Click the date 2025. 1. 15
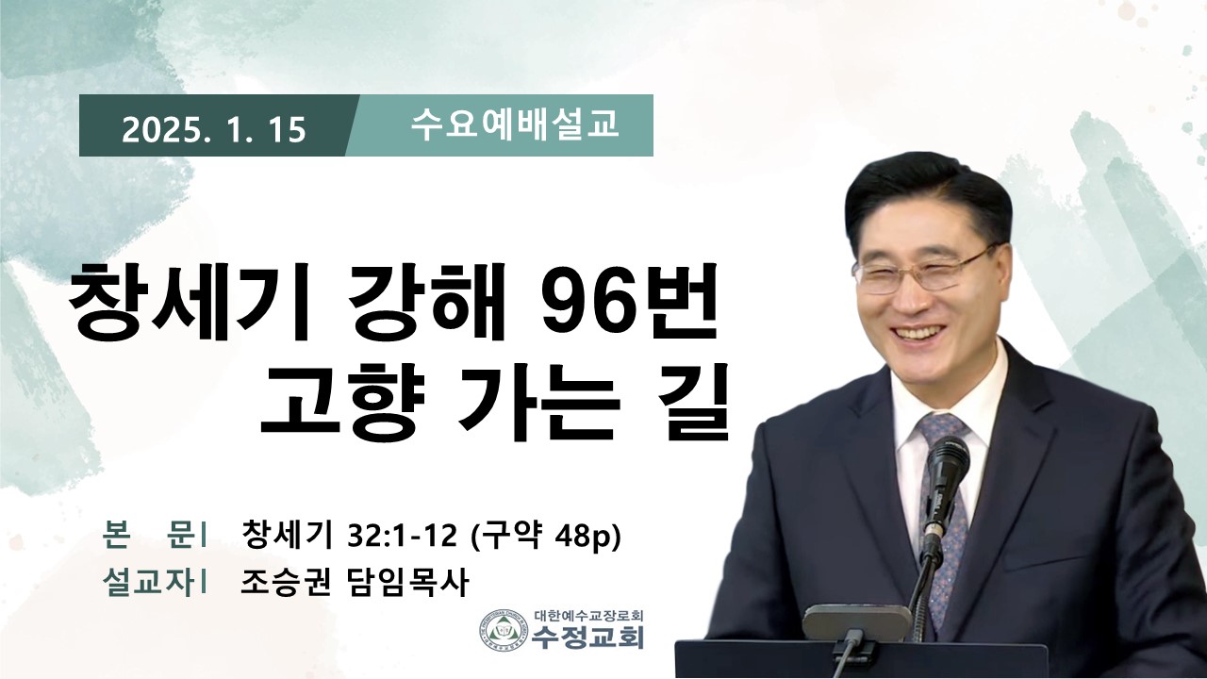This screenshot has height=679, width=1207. [214, 130]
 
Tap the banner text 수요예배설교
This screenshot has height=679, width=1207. [515, 125]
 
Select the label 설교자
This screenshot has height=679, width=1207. [148, 583]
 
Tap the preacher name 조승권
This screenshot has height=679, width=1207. [285, 583]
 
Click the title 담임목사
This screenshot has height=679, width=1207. [405, 583]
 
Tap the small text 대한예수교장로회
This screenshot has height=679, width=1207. [589, 615]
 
